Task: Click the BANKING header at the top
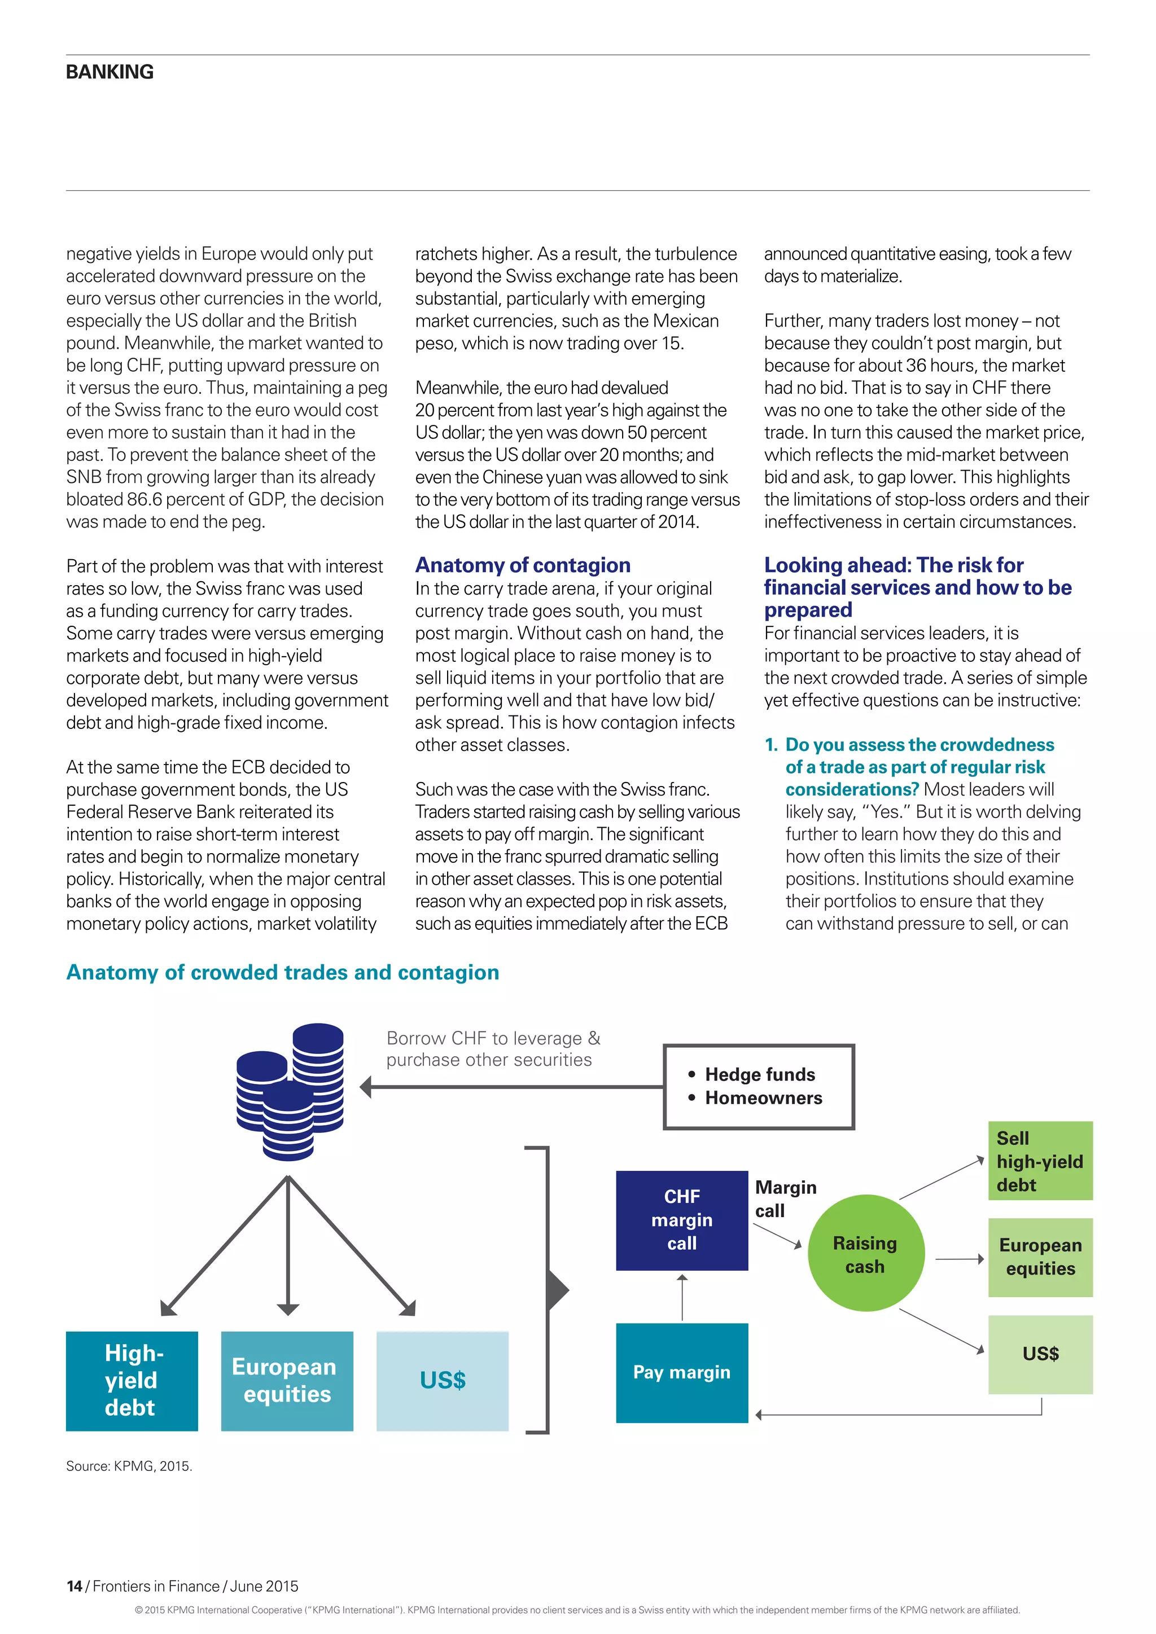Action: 110,72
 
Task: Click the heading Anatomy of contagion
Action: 523,565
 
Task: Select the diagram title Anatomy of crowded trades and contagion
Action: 283,972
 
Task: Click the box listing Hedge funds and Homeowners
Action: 758,1086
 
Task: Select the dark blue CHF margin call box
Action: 681,1220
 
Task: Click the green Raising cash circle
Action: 865,1254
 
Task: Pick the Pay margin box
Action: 681,1372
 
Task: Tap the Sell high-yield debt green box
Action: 1039,1161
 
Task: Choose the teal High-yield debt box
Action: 132,1381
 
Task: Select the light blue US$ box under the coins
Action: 442,1381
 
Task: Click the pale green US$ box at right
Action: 1039,1354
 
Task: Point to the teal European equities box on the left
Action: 287,1381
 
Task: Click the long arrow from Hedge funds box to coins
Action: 513,1087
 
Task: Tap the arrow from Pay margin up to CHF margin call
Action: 682,1297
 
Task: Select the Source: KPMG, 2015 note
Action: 129,1466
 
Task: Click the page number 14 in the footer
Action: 74,1586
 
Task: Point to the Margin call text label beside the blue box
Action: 785,1198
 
